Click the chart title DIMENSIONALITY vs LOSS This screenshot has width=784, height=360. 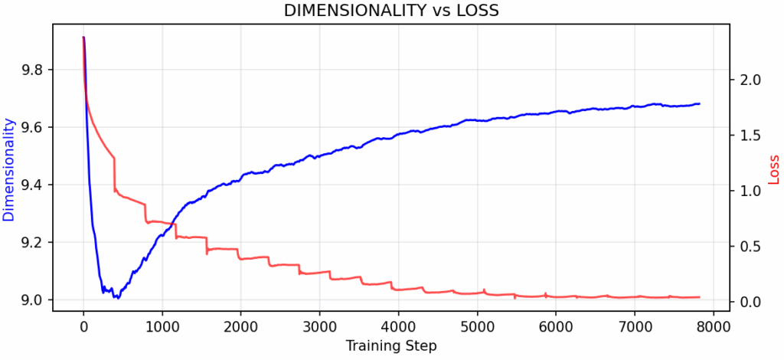391,11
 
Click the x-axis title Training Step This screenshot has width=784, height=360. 391,346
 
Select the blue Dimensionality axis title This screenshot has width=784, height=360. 9,169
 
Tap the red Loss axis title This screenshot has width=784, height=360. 774,169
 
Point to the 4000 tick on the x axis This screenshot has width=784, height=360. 398,325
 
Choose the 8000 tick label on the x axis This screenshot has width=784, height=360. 713,325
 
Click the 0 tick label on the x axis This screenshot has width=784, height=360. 83,325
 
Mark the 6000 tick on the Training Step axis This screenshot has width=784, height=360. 555,325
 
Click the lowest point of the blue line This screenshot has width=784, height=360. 118,298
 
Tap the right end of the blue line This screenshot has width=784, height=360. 699,103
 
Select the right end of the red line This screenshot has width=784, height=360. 699,297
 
